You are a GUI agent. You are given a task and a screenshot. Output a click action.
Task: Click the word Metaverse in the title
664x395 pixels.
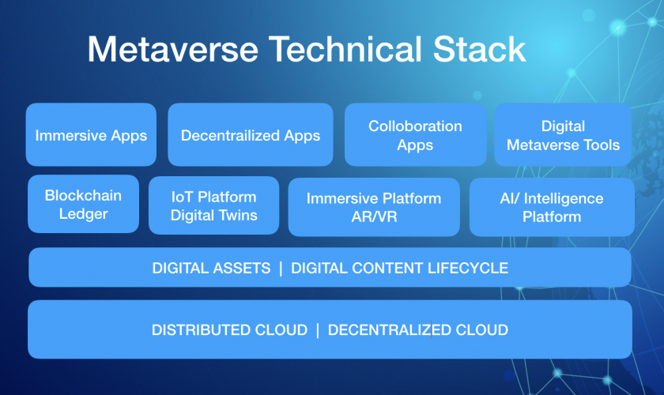(x=173, y=50)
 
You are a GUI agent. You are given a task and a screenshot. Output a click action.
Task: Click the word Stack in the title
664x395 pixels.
(x=479, y=50)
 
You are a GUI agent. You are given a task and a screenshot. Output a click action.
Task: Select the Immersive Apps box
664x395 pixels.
(x=91, y=134)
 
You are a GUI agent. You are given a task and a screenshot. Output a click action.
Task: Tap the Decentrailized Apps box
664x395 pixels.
(x=251, y=134)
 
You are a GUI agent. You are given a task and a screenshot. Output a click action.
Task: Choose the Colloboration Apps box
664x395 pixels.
(x=416, y=134)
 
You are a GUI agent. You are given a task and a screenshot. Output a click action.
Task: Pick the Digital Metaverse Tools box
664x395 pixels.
(x=563, y=134)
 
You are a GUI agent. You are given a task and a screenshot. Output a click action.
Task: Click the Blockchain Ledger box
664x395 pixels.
(x=84, y=204)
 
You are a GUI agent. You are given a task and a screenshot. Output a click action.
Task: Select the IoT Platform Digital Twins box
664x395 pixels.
(x=214, y=205)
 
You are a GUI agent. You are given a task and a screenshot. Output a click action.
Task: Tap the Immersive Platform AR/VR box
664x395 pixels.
(x=374, y=207)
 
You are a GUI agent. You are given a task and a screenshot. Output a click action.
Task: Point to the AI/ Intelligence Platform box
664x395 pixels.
(x=552, y=207)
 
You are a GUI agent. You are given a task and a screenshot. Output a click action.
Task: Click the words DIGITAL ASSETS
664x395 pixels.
(x=211, y=268)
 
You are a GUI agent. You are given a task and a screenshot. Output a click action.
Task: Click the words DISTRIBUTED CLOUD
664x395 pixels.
(x=229, y=329)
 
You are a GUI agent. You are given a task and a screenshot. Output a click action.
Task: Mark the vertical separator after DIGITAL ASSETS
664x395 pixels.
(x=281, y=268)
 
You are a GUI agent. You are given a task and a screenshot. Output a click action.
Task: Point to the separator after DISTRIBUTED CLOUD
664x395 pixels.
(x=318, y=329)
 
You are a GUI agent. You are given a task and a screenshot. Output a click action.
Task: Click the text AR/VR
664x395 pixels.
(x=375, y=216)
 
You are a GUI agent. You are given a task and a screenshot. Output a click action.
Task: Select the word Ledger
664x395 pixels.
(x=84, y=214)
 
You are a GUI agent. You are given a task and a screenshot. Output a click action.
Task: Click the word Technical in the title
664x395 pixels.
(x=345, y=50)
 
